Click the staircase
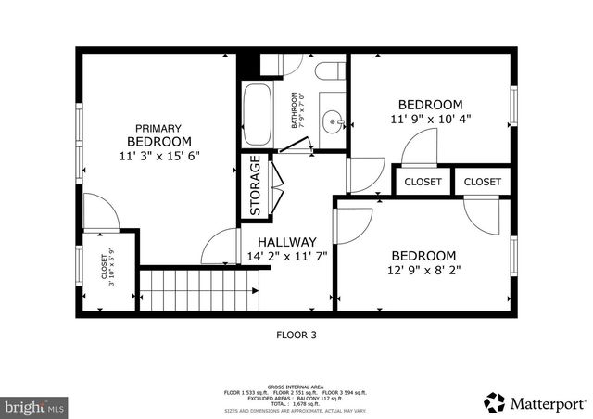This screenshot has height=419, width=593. [x=199, y=290]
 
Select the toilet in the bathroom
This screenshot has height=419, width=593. [x=330, y=71]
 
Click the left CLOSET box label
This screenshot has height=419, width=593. [x=423, y=182]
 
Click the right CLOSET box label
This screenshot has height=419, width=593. [x=482, y=182]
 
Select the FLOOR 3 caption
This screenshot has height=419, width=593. [x=296, y=336]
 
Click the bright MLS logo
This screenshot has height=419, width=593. [x=35, y=406]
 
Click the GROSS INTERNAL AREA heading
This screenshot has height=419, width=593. [x=296, y=387]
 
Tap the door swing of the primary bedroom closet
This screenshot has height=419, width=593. [x=96, y=211]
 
